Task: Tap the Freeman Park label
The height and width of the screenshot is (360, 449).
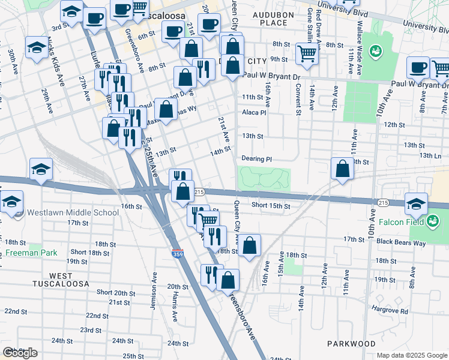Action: click(31, 253)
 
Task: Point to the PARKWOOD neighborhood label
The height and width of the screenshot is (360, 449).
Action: click(351, 344)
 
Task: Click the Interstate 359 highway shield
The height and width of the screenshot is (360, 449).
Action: click(177, 254)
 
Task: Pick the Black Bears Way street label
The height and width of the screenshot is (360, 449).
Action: click(401, 242)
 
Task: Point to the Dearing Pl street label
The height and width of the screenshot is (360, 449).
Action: click(257, 159)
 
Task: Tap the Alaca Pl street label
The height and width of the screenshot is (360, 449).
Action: click(254, 112)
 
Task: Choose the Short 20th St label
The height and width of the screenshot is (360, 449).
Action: click(116, 292)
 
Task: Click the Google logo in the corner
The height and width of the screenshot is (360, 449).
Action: click(20, 353)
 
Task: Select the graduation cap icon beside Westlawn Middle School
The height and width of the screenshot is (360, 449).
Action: click(11, 203)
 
